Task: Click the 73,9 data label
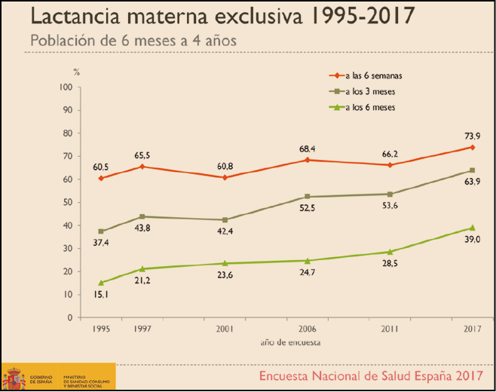click(x=472, y=135)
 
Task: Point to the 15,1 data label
click(x=101, y=296)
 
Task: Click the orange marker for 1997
click(x=142, y=167)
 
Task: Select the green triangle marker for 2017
click(x=472, y=228)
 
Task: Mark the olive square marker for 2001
click(x=224, y=220)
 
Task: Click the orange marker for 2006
click(x=307, y=160)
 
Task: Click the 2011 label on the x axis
click(x=389, y=329)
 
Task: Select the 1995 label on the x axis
click(x=100, y=329)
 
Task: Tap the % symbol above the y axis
click(x=75, y=72)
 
